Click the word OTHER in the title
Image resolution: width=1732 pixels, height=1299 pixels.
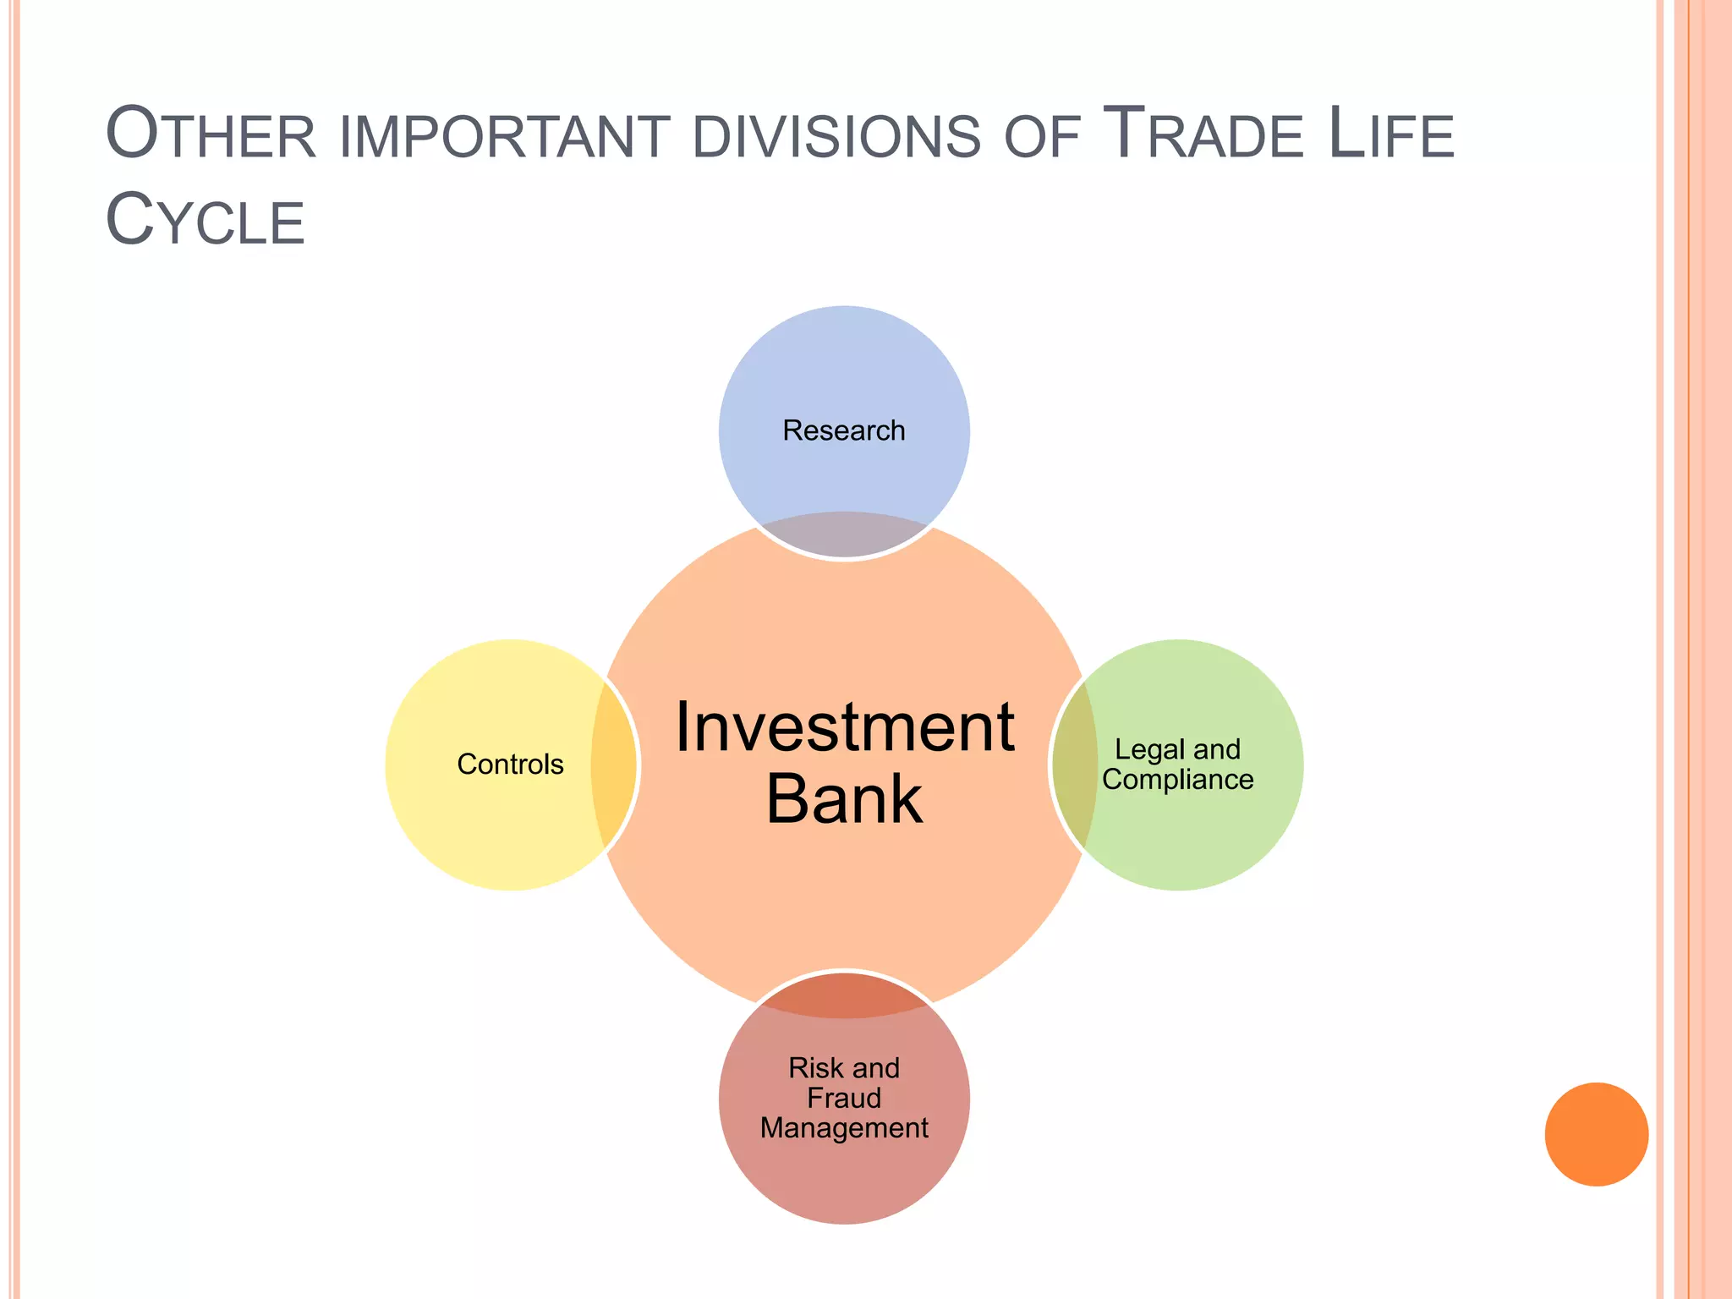tap(211, 135)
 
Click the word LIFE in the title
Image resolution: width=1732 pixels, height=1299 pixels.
tap(1391, 135)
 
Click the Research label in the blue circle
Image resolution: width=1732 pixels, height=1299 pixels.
tap(843, 430)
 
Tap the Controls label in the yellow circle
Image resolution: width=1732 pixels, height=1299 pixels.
tap(510, 765)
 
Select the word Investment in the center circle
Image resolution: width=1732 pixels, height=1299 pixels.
tap(844, 728)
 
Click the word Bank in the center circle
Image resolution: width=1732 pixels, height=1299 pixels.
tap(844, 800)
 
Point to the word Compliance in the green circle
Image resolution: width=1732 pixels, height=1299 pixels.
tap(1177, 780)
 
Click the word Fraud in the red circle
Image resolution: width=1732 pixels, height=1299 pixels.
tap(844, 1099)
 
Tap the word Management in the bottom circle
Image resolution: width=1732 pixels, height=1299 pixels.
tap(844, 1128)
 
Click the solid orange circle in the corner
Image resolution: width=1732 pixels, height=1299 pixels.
tap(1596, 1134)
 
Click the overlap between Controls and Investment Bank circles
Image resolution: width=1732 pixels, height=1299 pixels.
tap(614, 765)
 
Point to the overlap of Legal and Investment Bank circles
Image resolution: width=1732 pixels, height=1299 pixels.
tap(1075, 765)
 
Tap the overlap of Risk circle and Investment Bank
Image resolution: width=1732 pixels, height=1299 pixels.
tap(844, 995)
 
